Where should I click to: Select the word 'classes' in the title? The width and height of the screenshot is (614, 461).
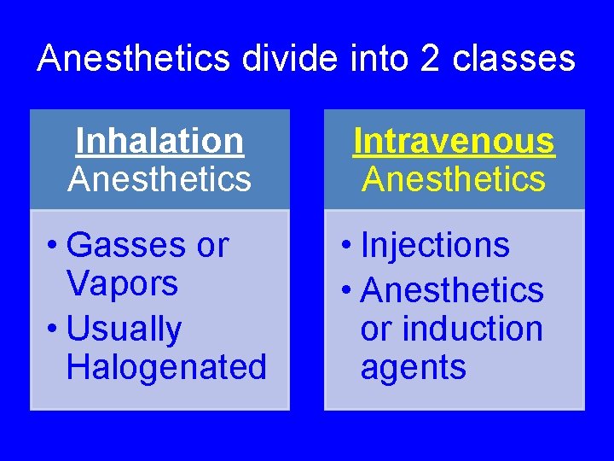click(514, 59)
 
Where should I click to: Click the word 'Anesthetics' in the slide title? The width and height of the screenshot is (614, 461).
click(134, 59)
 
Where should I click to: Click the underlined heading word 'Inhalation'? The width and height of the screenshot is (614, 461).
click(159, 141)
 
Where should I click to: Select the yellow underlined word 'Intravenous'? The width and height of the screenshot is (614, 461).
click(454, 141)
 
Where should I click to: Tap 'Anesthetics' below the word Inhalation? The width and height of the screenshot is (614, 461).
click(159, 179)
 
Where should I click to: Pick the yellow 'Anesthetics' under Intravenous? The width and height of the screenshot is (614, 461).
click(454, 179)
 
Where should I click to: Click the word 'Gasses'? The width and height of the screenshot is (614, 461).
click(125, 246)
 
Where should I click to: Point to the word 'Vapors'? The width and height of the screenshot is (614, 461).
click(121, 283)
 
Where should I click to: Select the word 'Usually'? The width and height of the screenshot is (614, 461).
click(124, 329)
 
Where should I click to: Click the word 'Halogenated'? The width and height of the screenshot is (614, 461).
click(166, 367)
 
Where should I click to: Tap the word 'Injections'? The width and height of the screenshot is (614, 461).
click(435, 246)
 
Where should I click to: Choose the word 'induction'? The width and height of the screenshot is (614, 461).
click(475, 329)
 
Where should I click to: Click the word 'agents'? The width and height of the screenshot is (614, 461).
click(413, 368)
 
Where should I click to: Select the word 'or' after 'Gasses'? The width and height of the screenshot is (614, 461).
click(212, 246)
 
